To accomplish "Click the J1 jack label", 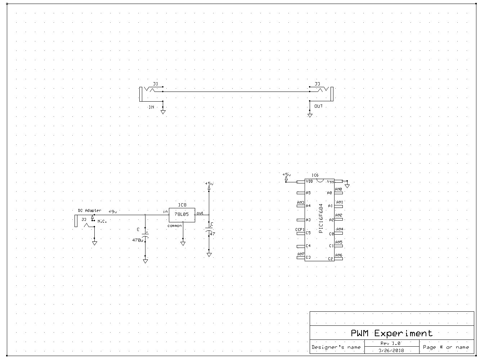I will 156,84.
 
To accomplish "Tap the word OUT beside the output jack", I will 319,106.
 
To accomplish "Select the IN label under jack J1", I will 151,107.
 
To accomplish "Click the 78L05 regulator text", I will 181,214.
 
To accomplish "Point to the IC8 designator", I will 182,205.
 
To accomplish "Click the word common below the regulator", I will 175,226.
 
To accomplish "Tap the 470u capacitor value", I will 138,240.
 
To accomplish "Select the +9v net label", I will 112,212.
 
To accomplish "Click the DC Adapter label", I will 90,210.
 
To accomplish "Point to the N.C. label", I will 102,221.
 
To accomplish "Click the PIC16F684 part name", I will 321,219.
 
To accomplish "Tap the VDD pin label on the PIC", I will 309,182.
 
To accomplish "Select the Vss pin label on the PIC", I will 330,182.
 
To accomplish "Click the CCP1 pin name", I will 300,230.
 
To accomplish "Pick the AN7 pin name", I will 300,254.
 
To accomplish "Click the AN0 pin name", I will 338,189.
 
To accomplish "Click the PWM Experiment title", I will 392,333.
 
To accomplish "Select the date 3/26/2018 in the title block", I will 391,350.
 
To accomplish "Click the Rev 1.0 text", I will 390,343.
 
